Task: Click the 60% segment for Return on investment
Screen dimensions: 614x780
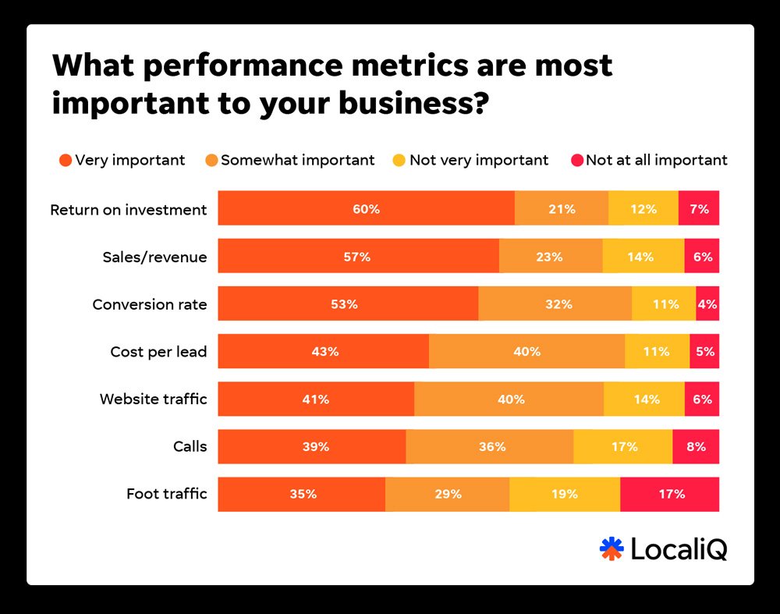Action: pyautogui.click(x=366, y=208)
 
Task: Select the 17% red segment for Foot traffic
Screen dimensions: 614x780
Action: pyautogui.click(x=669, y=494)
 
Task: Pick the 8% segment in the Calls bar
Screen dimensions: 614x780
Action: pyautogui.click(x=696, y=446)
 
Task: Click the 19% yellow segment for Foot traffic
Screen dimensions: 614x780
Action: pyautogui.click(x=564, y=494)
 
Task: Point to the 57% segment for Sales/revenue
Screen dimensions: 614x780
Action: pyautogui.click(x=358, y=256)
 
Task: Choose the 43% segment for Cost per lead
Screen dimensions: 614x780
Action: pyautogui.click(x=323, y=351)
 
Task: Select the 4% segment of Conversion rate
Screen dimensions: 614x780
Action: pyautogui.click(x=707, y=303)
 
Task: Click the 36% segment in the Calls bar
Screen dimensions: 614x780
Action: pyautogui.click(x=489, y=446)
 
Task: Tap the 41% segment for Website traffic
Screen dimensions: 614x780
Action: pyautogui.click(x=316, y=399)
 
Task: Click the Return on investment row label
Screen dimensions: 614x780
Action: pyautogui.click(x=129, y=209)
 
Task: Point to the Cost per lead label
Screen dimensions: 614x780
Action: pyautogui.click(x=158, y=352)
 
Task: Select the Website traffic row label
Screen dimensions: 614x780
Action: pyautogui.click(x=153, y=399)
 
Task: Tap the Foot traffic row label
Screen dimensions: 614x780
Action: pyautogui.click(x=166, y=494)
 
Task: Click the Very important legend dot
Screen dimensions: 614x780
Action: pyautogui.click(x=66, y=161)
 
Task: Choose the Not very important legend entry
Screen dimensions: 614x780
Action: pyautogui.click(x=470, y=160)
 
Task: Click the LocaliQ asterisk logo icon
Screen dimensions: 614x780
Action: pyautogui.click(x=612, y=548)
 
